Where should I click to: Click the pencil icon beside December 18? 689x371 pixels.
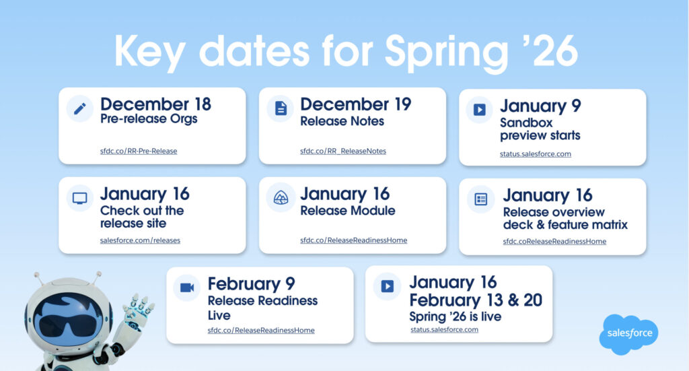pyautogui.click(x=79, y=108)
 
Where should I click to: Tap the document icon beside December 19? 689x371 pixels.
pyautogui.click(x=281, y=108)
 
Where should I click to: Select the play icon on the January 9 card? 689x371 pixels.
pyautogui.click(x=479, y=110)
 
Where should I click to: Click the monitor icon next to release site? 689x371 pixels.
pyautogui.click(x=79, y=198)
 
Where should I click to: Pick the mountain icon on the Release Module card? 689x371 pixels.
pyautogui.click(x=281, y=198)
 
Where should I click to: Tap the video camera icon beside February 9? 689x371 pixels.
pyautogui.click(x=187, y=288)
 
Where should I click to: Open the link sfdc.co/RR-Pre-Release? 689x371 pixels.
pyautogui.click(x=139, y=151)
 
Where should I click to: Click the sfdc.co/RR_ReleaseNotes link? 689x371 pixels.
pyautogui.click(x=343, y=151)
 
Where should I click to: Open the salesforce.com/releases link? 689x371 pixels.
pyautogui.click(x=140, y=240)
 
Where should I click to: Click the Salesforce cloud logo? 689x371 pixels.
pyautogui.click(x=629, y=334)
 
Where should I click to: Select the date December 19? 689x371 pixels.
pyautogui.click(x=355, y=104)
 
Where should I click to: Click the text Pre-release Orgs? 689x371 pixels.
pyautogui.click(x=149, y=119)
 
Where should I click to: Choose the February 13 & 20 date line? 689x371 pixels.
pyautogui.click(x=476, y=300)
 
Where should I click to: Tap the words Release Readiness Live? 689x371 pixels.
pyautogui.click(x=262, y=308)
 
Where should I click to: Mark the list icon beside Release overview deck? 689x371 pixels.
pyautogui.click(x=481, y=199)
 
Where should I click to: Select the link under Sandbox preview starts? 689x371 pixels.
pyautogui.click(x=535, y=154)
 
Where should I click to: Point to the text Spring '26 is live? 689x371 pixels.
pyautogui.click(x=456, y=316)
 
